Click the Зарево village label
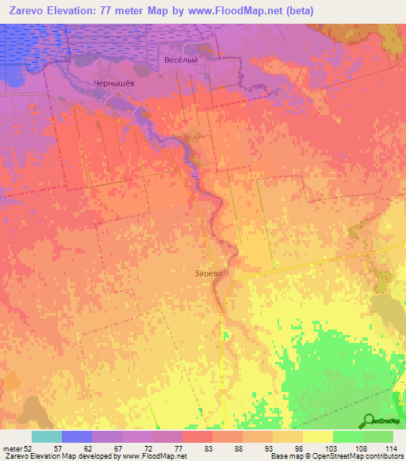(207, 272)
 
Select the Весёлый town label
(179, 59)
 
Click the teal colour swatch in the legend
(47, 436)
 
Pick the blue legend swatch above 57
(77, 436)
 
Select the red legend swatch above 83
(197, 436)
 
